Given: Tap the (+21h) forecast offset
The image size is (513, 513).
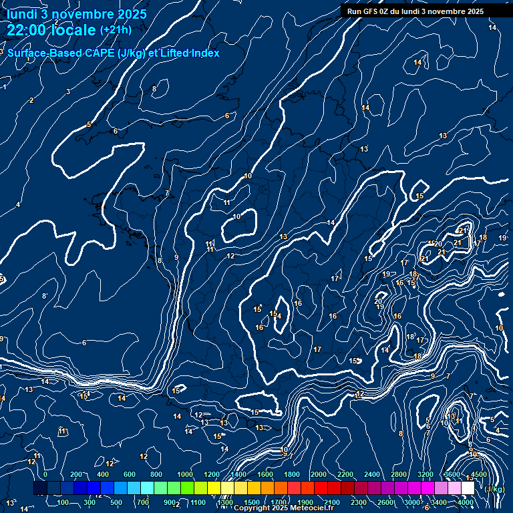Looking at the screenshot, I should pos(116,29).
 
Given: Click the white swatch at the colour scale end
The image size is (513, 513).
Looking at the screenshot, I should pos(468,488).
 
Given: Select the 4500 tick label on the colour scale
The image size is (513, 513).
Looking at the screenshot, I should pos(478,474).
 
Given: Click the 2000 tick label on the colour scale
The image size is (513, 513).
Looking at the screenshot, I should pos(318,474).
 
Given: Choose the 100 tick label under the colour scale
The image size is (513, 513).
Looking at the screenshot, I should pos(63,502).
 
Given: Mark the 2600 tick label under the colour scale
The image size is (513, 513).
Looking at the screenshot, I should pos(385,502).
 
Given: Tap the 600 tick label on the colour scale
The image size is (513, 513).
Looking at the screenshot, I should pos(130,474).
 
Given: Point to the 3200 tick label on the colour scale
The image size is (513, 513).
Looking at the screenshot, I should pos(425,474).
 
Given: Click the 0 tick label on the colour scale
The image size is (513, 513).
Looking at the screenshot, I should pos(45,474).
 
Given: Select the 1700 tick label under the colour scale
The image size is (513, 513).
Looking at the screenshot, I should pos(279,502).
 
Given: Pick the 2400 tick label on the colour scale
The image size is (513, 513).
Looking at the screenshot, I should pos(371,474).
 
